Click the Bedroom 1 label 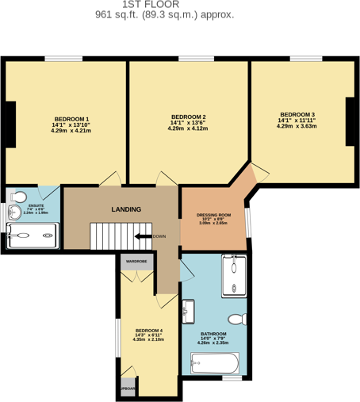coord(71,118)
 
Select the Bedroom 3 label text coord(297,114)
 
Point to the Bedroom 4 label coord(148,330)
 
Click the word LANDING coord(126,210)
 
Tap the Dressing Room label coord(213,215)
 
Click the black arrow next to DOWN coord(140,236)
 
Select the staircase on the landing coord(110,236)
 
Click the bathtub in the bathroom coord(215,365)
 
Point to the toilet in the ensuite coord(21,197)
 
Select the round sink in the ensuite coord(13,212)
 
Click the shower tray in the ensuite coord(32,235)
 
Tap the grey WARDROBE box coord(136,262)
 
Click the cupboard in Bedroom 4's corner coord(128,388)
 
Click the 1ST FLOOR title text coord(164,5)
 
